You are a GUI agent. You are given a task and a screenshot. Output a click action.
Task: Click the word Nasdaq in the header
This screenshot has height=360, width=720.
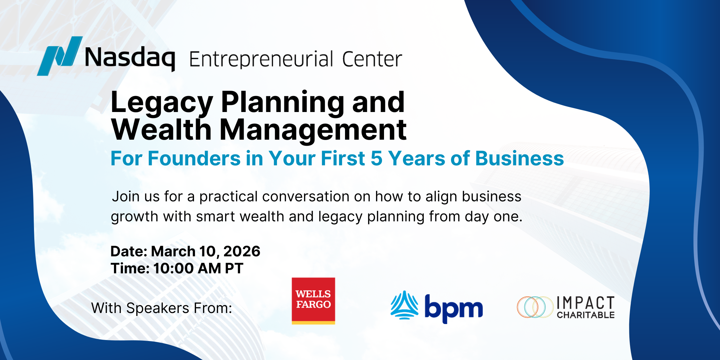pos(130,58)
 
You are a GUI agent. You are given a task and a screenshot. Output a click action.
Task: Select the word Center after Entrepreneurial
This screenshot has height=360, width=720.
pos(372,59)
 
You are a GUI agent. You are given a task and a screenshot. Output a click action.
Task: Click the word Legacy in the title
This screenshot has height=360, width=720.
pos(161,103)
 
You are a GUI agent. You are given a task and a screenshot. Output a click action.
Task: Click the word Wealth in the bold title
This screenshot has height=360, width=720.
pos(161,130)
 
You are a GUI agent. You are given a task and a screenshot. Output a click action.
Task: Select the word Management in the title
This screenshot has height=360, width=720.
pos(313,130)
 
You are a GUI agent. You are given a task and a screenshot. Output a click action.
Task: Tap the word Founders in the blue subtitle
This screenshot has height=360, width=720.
pos(194,158)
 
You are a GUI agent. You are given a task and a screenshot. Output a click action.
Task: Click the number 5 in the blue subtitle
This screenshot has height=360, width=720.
pos(376,158)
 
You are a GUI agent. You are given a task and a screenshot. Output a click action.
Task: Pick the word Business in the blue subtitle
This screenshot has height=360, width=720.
pos(520,158)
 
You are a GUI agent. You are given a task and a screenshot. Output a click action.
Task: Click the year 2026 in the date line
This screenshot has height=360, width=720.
pos(242,251)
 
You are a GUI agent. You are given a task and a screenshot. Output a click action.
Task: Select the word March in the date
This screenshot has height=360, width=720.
pos(173,251)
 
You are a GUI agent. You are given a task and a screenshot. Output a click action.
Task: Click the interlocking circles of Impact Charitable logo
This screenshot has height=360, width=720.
pos(535,307)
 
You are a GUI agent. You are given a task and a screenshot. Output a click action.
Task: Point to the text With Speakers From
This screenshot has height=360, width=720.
pos(162,308)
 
